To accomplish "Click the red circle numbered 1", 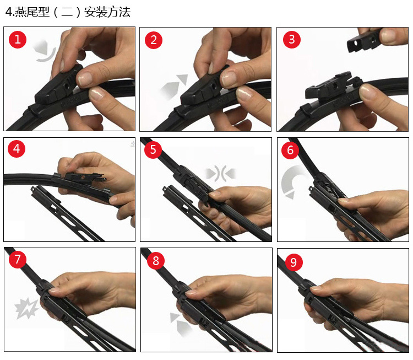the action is (18, 40).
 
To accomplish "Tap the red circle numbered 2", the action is (154, 40).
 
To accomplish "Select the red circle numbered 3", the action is (291, 39).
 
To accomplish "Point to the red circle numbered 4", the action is (17, 148).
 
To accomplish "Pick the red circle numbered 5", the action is (153, 149).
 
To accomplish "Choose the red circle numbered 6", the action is (290, 150).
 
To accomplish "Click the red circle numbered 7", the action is (18, 259).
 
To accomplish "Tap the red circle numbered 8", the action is (156, 261).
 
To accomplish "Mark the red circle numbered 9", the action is (293, 262).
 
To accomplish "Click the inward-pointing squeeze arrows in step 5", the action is (220, 174).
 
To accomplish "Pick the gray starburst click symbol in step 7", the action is (26, 308).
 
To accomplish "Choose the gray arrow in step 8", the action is (181, 324).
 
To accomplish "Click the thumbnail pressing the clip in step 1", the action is (85, 79).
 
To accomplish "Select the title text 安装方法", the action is (107, 12).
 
